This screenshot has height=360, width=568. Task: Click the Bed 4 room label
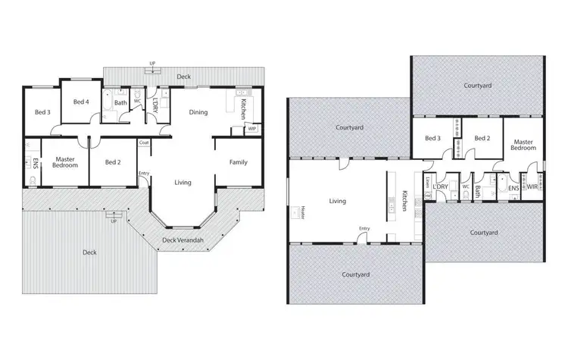(81, 102)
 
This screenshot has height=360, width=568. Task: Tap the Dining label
(198, 112)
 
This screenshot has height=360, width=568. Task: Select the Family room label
(238, 161)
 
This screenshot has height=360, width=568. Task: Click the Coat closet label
(143, 143)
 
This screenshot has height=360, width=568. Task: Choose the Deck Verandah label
(179, 240)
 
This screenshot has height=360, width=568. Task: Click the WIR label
(532, 186)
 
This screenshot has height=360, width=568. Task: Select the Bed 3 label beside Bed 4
(42, 113)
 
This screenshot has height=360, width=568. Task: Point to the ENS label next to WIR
(513, 186)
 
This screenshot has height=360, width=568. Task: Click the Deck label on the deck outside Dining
(183, 77)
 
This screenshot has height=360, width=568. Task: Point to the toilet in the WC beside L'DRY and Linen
(466, 196)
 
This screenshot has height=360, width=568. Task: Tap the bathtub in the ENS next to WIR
(501, 184)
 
